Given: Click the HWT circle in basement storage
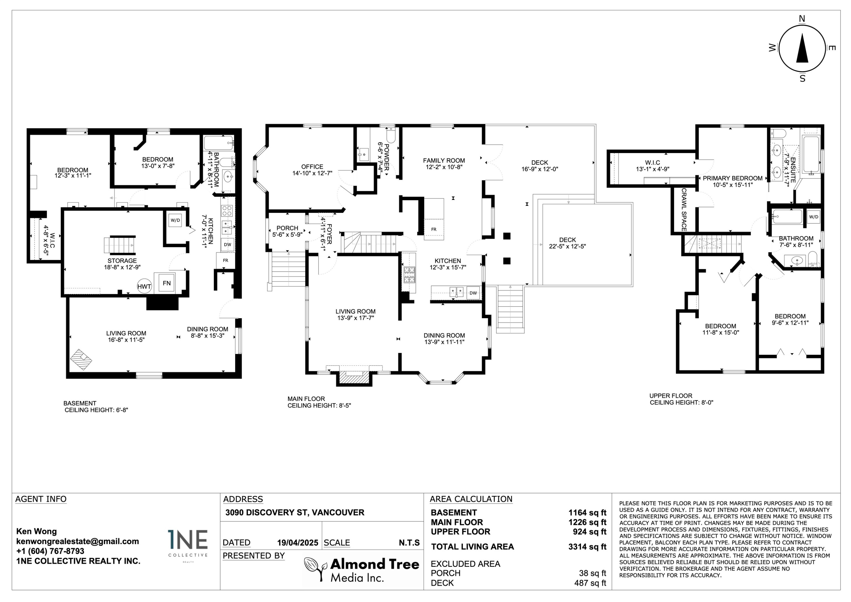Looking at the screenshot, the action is (x=144, y=286).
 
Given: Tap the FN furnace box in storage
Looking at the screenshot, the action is (x=167, y=283).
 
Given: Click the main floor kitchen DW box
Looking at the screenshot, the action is (x=473, y=293).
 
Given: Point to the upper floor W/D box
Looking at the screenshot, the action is (x=814, y=217).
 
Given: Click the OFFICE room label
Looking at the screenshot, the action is (x=312, y=167).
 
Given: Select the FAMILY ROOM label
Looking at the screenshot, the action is (x=444, y=161).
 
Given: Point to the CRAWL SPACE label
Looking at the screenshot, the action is (x=684, y=209).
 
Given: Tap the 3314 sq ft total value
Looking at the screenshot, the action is (x=587, y=547).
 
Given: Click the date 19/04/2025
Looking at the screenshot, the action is (x=298, y=543).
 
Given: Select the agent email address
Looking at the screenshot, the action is (x=77, y=542).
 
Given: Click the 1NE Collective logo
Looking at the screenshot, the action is (x=188, y=546).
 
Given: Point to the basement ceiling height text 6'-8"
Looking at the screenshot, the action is (x=119, y=410).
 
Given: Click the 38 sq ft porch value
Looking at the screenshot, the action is (x=592, y=573).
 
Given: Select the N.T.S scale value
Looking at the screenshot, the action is (x=409, y=543).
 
